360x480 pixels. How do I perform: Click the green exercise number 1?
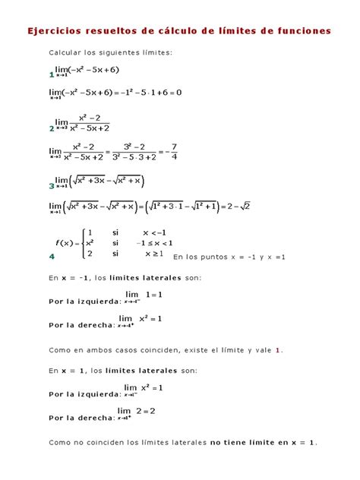pos(51,76)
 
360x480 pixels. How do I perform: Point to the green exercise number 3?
pos(51,185)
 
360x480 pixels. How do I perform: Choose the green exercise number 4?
pos(51,257)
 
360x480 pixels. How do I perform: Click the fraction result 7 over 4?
pos(174,151)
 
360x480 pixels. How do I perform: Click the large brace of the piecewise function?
pos(81,243)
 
